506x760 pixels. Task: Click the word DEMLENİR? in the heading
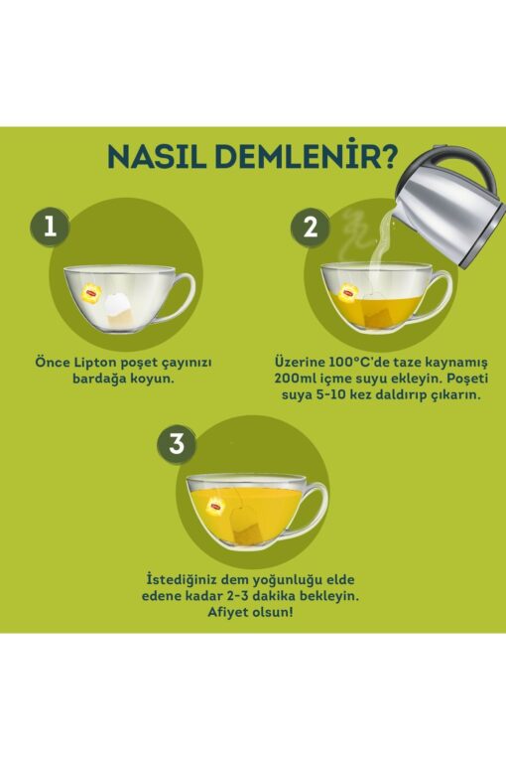coord(307,156)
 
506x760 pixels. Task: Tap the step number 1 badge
coord(50,227)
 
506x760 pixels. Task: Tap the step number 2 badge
coord(311,227)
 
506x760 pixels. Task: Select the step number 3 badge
coord(177,443)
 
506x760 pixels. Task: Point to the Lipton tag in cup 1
coord(91,292)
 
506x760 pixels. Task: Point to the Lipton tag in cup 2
coord(349,293)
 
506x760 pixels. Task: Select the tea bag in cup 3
coord(246,526)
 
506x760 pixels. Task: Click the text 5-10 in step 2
coord(334,394)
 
